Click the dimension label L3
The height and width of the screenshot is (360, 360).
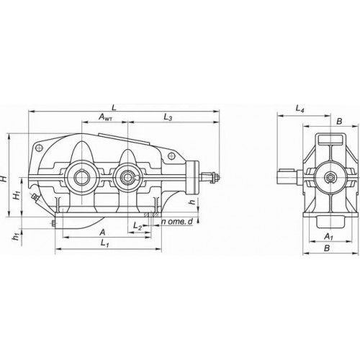168,117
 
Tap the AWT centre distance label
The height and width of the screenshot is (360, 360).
106,117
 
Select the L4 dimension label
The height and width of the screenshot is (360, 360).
300,109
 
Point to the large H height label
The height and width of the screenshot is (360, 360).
4,178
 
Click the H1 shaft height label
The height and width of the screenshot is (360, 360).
17,196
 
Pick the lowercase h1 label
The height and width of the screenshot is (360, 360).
16,237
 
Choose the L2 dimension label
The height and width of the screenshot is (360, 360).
138,225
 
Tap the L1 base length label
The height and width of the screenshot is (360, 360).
105,243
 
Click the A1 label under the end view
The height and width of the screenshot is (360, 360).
328,237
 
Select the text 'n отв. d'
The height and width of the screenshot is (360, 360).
177,222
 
